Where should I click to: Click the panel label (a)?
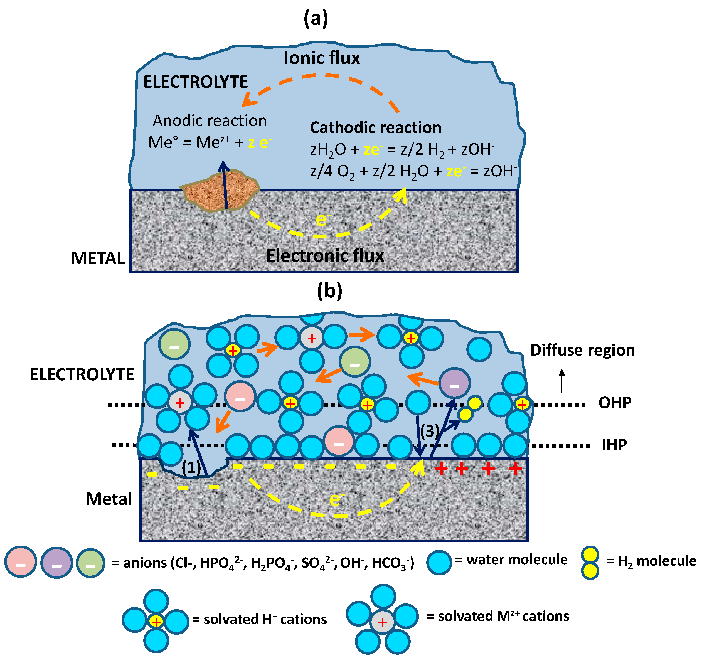coord(316,18)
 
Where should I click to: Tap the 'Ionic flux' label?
coord(322,58)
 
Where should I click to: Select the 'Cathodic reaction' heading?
coord(375,128)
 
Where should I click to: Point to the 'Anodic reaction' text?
coord(210,121)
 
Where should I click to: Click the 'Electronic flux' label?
coord(324,255)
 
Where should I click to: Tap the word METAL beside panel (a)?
coord(98,258)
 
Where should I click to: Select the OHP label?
coord(615,403)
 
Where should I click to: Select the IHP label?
coord(614,445)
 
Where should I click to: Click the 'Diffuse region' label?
coord(582,350)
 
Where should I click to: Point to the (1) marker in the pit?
coord(191,468)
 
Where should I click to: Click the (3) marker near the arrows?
coord(429,431)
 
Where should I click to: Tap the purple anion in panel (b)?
coord(454,383)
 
